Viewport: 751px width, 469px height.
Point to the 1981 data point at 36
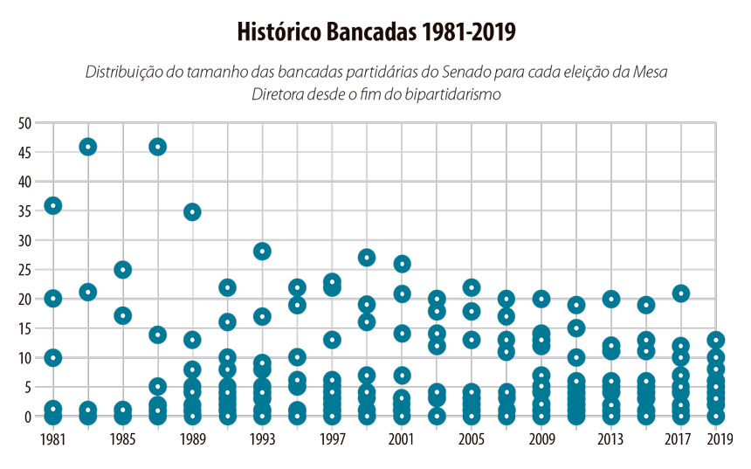point(53,205)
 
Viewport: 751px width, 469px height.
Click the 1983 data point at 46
point(88,147)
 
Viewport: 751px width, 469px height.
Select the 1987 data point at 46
point(158,147)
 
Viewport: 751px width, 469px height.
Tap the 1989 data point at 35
point(193,211)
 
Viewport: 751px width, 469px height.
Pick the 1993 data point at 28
point(262,252)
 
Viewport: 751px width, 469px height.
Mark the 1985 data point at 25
point(123,270)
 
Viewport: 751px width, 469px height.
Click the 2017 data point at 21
point(681,293)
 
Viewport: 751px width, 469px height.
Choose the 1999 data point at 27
point(367,258)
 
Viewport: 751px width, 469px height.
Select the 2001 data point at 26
point(402,264)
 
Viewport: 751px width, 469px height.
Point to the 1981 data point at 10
point(53,358)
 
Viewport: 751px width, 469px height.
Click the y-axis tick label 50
point(24,123)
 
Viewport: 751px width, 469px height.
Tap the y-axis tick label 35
point(24,211)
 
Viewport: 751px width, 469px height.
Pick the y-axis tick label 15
point(24,328)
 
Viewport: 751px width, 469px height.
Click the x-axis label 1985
point(123,438)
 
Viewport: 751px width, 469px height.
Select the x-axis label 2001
point(402,438)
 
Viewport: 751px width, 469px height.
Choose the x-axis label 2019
point(719,438)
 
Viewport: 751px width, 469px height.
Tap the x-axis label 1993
point(262,438)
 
